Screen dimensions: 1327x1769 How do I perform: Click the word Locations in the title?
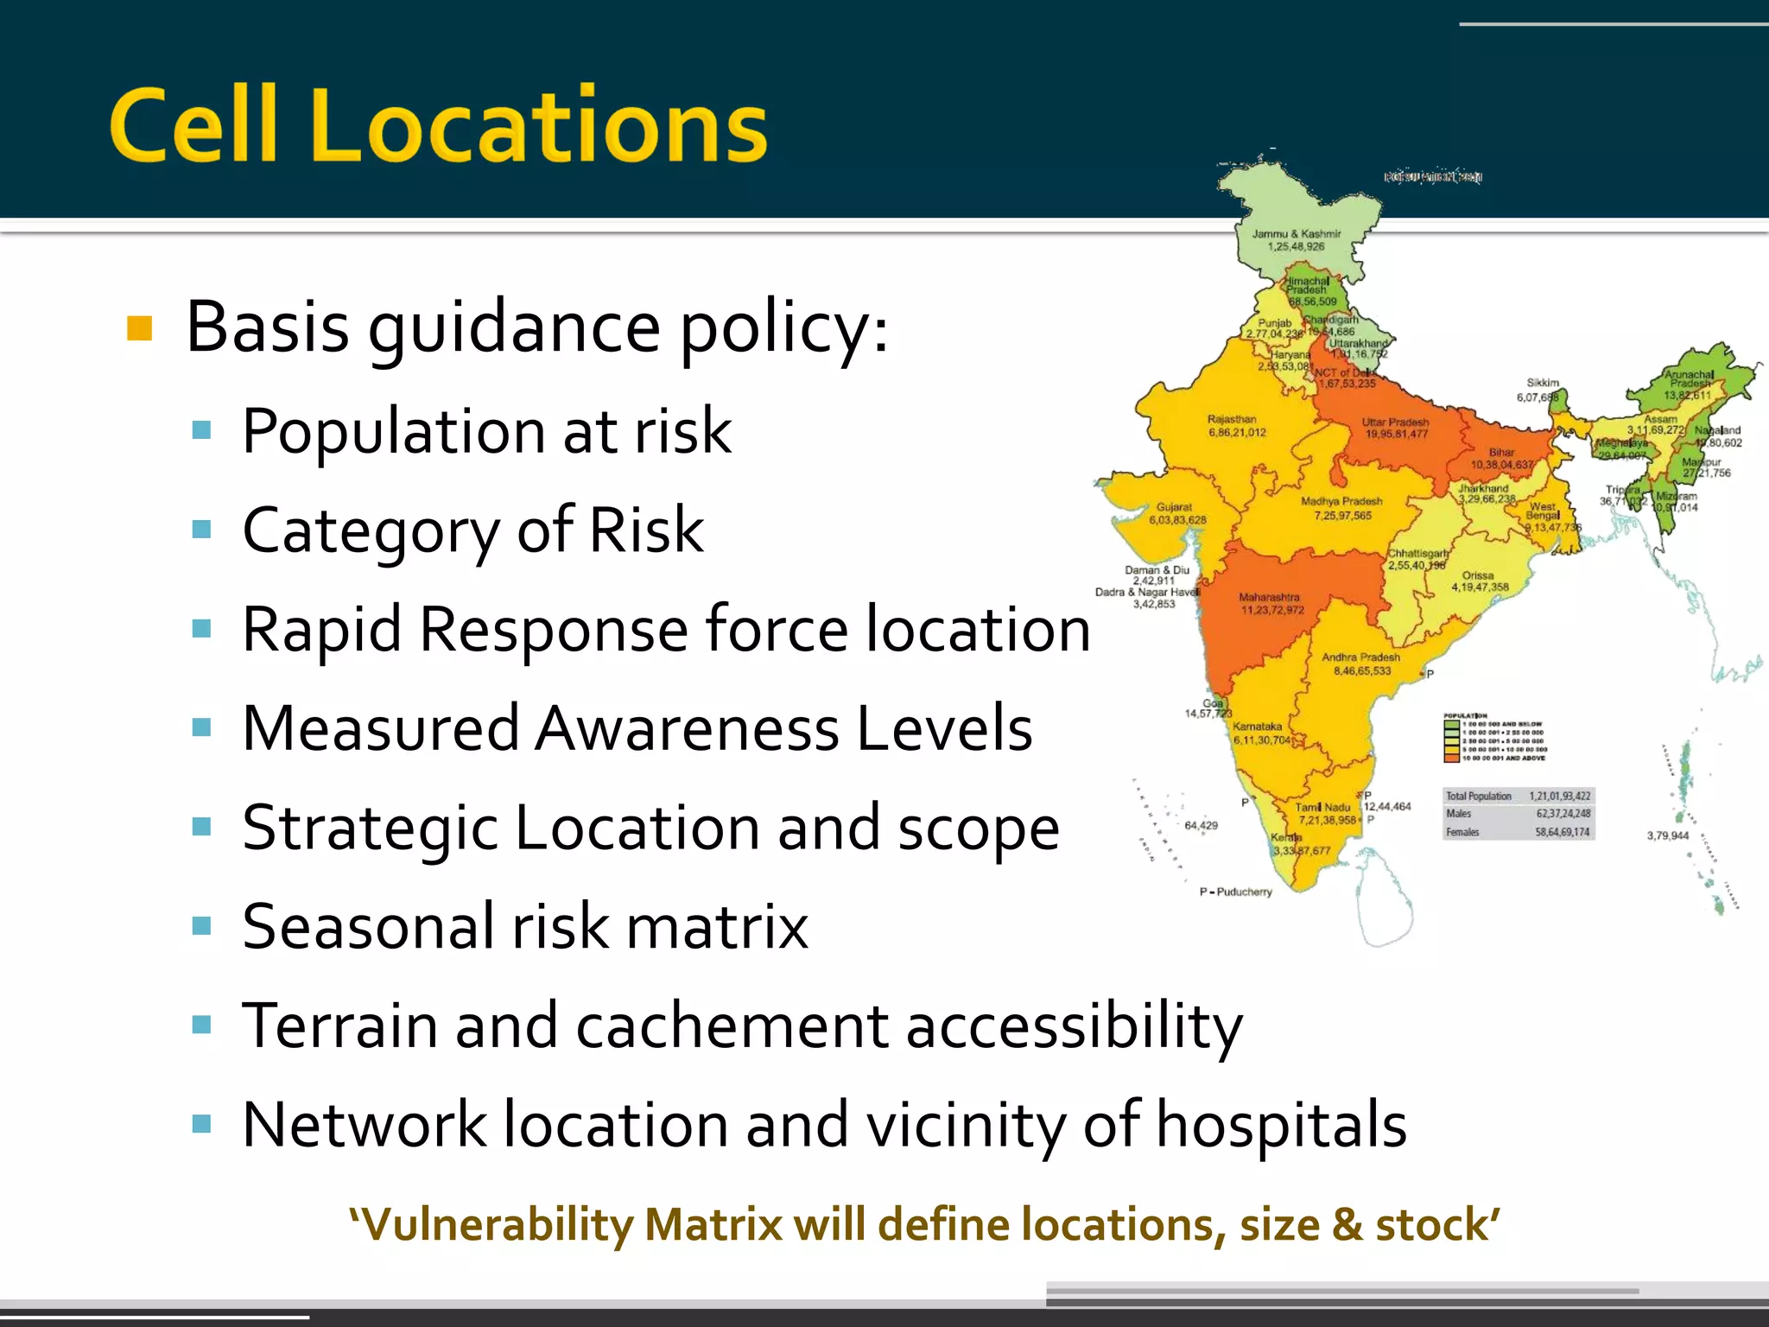[537, 126]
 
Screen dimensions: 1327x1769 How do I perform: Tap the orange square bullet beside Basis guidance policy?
[139, 329]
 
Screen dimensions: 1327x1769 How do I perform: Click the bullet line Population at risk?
[486, 431]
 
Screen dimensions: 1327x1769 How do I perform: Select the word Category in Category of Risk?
[370, 530]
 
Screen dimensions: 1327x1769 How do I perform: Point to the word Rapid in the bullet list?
[321, 629]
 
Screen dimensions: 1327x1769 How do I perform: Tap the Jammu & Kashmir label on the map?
[1297, 234]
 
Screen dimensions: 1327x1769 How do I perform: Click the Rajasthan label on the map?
[1232, 420]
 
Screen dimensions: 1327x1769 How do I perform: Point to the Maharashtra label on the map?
[1269, 597]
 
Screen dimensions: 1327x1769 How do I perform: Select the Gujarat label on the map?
[1174, 508]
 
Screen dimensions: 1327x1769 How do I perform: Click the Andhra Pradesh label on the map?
[1360, 657]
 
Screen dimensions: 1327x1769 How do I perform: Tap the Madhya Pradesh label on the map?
[1341, 502]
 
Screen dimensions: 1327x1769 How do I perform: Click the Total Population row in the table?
[1518, 796]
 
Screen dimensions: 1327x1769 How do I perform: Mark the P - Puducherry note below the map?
[1235, 892]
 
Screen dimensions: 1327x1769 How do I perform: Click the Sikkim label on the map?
[1542, 383]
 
